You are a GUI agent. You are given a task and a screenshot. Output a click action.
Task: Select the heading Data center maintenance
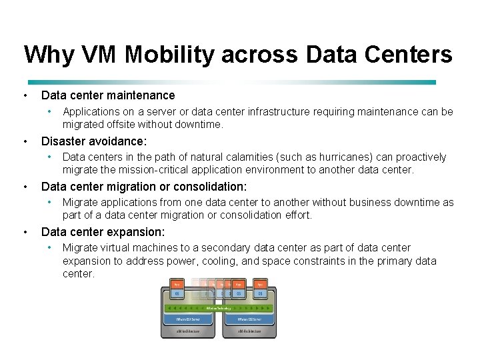tap(108, 96)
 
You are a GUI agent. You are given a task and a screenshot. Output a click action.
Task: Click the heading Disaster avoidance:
tap(94, 141)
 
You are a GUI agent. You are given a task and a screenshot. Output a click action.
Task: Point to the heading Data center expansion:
tap(103, 232)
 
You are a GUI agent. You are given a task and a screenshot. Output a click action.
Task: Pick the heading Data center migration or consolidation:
tap(144, 187)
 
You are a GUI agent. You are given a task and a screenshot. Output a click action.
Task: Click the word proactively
tap(420, 157)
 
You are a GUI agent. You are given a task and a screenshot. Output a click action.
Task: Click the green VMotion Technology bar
tap(218, 308)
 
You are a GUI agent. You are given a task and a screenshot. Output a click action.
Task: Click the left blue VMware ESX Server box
tap(189, 319)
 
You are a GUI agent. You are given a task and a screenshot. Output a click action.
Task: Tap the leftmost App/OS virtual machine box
tap(177, 288)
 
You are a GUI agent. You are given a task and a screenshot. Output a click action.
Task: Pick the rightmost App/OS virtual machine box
tap(260, 288)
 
